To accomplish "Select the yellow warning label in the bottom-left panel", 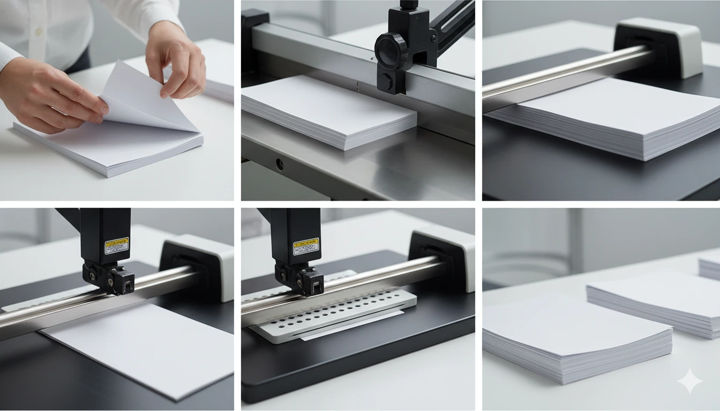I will (x=116, y=246).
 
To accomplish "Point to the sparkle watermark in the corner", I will (x=689, y=381).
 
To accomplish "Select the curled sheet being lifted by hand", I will (x=145, y=99).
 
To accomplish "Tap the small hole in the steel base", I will (x=278, y=163).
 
